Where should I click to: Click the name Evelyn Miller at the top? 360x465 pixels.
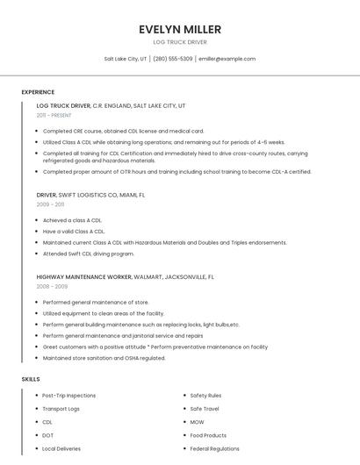click(180, 29)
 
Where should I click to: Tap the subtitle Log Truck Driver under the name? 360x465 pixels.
click(180, 42)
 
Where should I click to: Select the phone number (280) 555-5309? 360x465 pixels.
click(173, 59)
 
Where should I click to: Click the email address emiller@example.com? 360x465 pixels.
click(227, 59)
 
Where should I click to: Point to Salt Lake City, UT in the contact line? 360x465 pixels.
click(126, 59)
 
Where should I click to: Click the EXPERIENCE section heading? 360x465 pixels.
click(38, 92)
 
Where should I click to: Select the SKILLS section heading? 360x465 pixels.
click(31, 379)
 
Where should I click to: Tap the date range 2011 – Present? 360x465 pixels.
click(54, 115)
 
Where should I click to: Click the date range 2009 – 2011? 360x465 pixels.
click(50, 204)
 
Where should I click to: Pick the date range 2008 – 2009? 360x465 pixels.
click(52, 286)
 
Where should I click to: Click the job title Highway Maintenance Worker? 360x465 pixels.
click(83, 276)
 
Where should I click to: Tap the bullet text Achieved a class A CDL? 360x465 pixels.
click(73, 221)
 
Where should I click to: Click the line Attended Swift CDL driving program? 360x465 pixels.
click(88, 254)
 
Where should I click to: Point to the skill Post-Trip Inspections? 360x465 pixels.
click(69, 396)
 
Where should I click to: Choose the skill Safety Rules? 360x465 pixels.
click(205, 396)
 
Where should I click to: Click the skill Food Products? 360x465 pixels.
click(208, 435)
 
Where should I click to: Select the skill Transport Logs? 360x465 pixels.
click(61, 409)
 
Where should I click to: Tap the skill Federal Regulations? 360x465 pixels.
click(214, 448)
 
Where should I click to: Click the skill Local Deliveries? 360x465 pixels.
click(61, 448)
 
